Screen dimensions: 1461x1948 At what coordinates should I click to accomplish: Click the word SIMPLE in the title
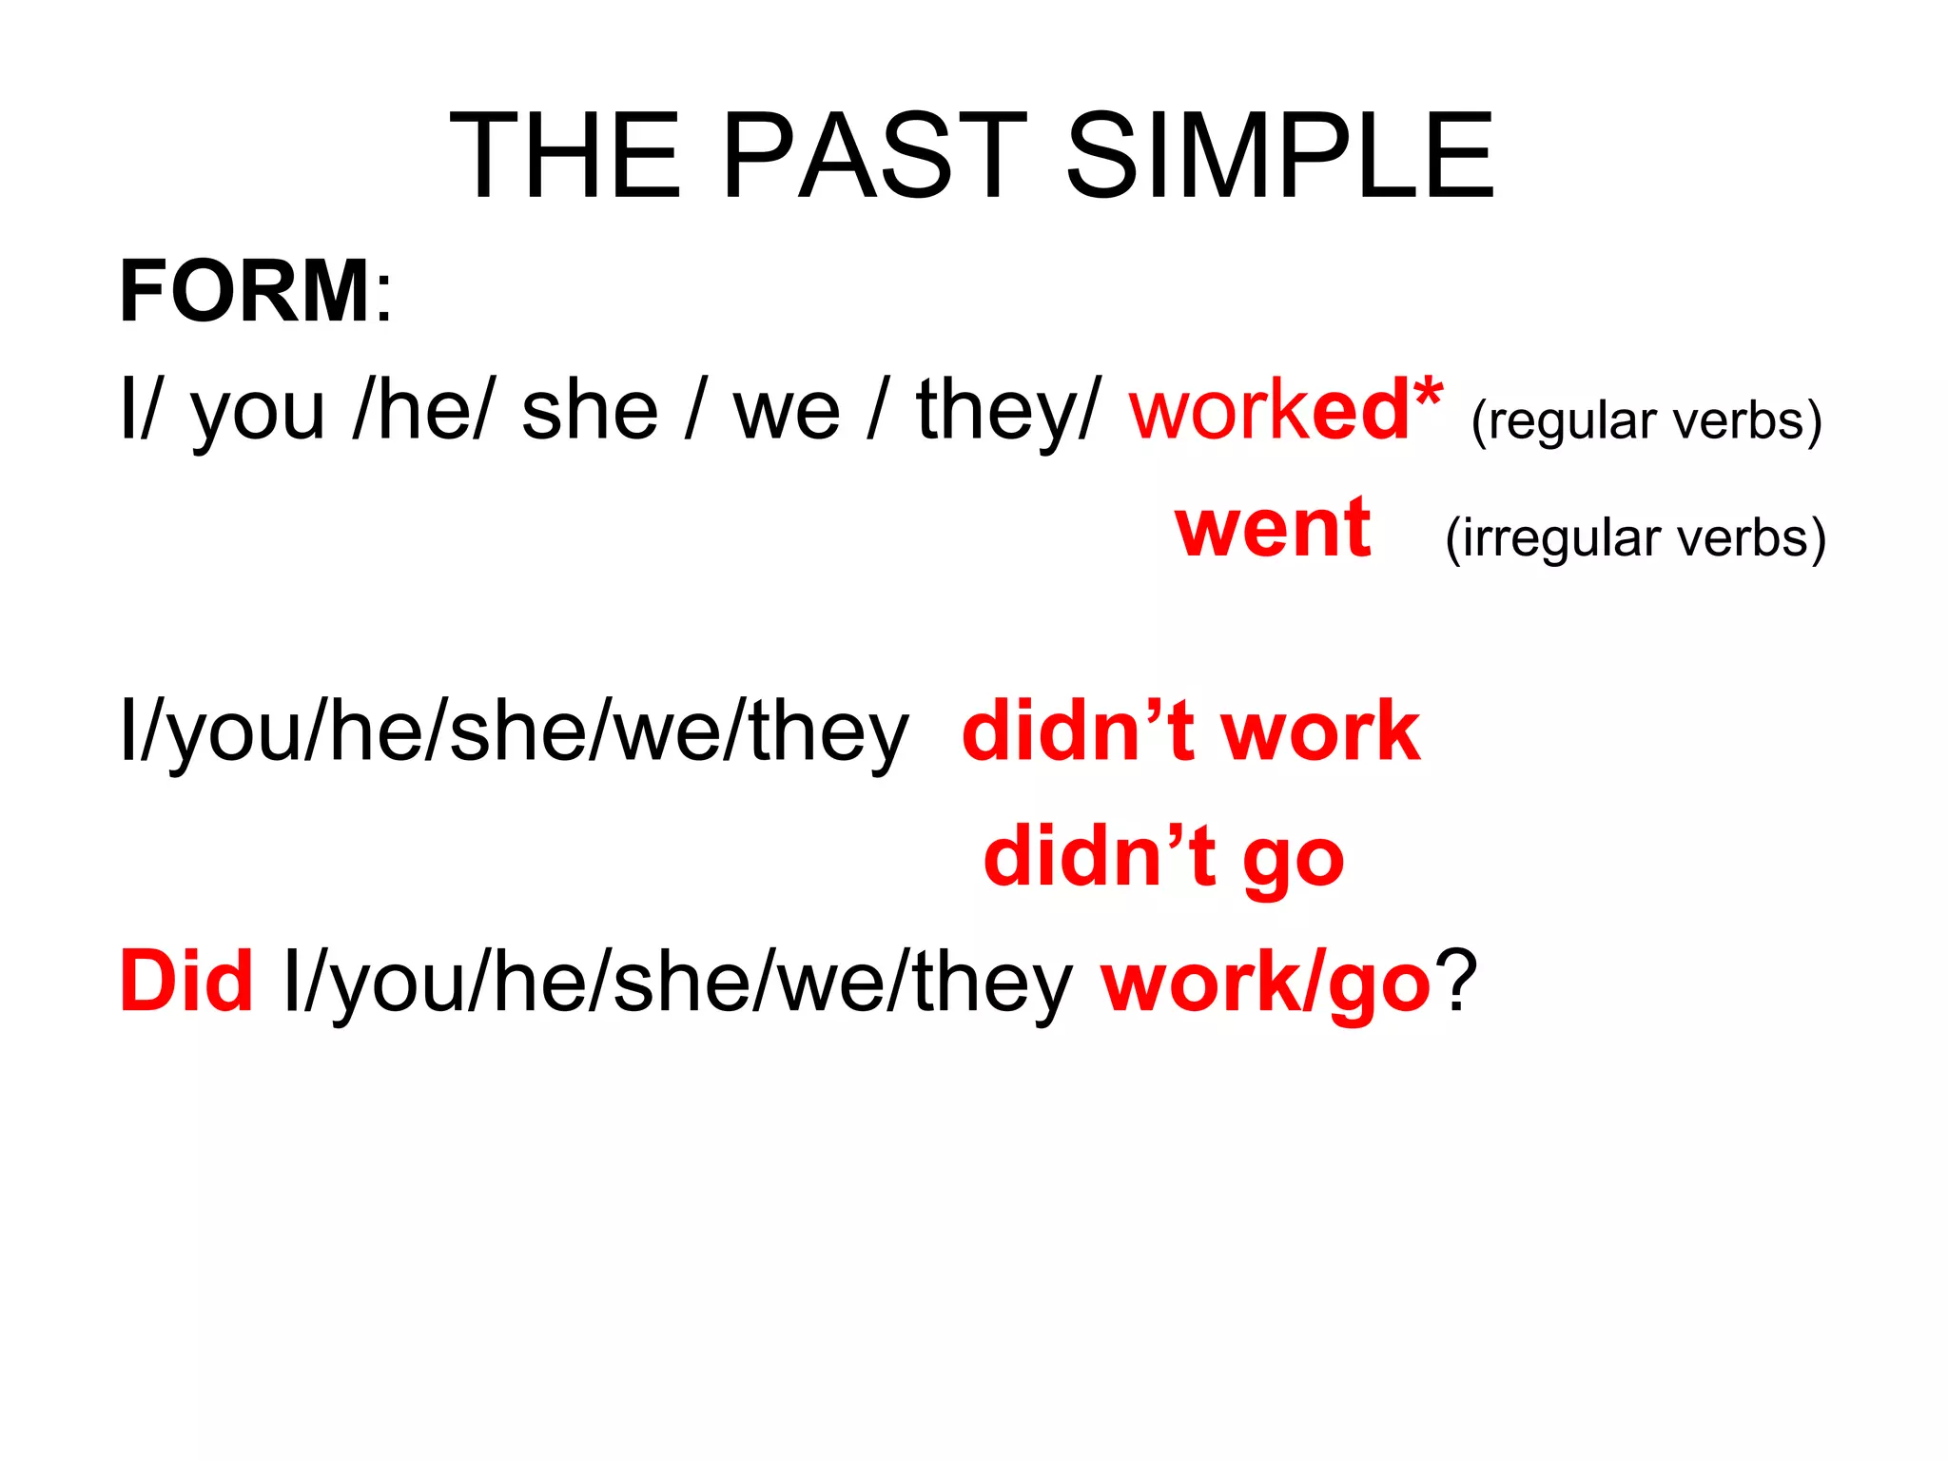point(1279,156)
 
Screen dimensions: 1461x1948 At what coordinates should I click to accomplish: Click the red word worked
point(1270,411)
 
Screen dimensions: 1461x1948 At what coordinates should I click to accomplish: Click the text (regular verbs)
point(1646,420)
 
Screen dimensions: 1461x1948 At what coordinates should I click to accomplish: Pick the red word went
point(1273,529)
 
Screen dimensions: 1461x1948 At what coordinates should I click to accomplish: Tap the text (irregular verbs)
point(1635,538)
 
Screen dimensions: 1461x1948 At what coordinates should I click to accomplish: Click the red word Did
point(186,982)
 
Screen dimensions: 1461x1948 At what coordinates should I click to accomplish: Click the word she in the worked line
point(590,413)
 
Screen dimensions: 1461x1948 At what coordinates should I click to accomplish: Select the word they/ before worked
point(1008,413)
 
